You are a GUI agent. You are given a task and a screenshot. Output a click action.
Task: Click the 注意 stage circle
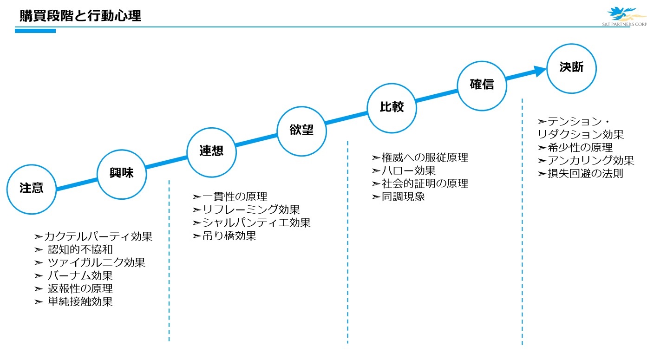[x=32, y=189]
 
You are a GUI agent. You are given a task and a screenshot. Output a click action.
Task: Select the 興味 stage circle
[x=122, y=174]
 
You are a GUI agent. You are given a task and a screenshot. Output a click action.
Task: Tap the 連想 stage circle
[x=211, y=151]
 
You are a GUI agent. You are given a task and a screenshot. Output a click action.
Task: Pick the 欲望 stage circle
[x=301, y=130]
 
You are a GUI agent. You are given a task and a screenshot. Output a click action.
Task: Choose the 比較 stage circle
[x=392, y=108]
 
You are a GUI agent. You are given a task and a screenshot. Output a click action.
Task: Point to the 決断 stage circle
[x=571, y=68]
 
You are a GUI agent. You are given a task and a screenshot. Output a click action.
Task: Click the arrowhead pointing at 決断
[x=539, y=71]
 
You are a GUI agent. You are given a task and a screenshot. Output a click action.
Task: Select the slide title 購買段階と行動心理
[x=80, y=16]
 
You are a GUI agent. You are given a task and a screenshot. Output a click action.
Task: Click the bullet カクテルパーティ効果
[x=98, y=236]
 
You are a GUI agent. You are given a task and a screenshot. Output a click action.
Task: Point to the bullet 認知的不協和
[x=80, y=249]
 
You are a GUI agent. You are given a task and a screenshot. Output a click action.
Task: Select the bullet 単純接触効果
[x=80, y=301]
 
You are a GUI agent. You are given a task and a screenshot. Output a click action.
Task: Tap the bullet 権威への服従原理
[x=425, y=157]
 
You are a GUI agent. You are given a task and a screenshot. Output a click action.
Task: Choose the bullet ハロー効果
[x=408, y=170]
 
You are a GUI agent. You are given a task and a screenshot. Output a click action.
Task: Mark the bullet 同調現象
[x=403, y=196]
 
